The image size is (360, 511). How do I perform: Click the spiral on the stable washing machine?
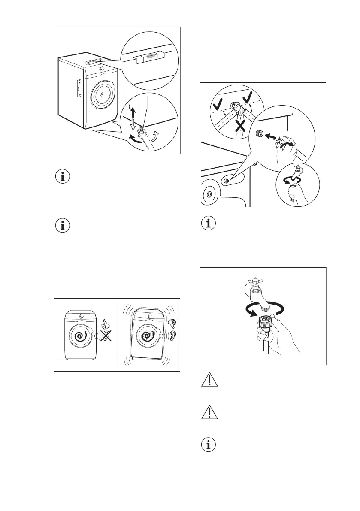[80, 337]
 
